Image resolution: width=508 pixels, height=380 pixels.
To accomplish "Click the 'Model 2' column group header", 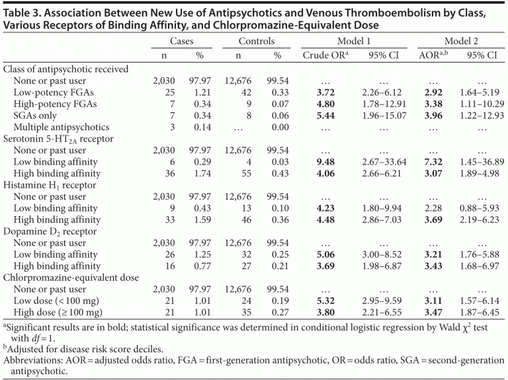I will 461,41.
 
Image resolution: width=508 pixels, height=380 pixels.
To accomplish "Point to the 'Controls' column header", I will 256,41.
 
